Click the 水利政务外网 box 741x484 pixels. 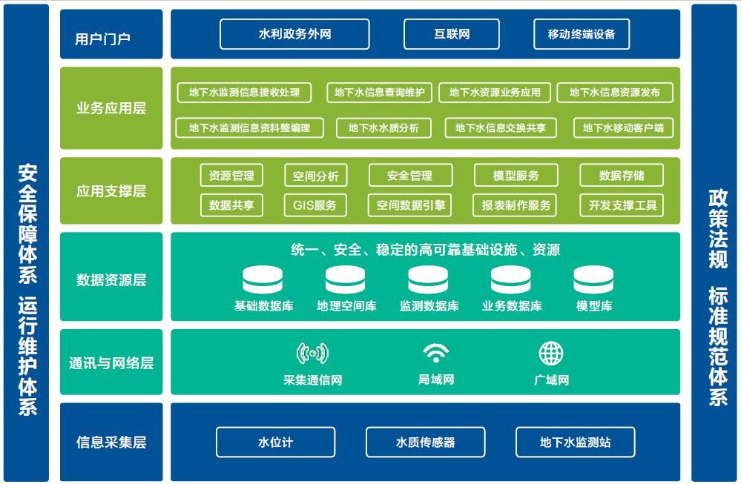(x=294, y=34)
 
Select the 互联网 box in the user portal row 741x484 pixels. (x=452, y=34)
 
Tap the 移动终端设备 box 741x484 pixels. (x=582, y=34)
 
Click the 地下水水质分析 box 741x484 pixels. (x=383, y=127)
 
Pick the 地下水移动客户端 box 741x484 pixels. (x=623, y=127)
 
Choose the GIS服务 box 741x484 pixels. (x=315, y=205)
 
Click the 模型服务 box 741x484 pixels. (x=516, y=176)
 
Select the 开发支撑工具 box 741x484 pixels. (x=622, y=205)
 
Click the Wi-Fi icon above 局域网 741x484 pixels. (x=436, y=354)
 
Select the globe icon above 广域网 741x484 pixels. (x=551, y=354)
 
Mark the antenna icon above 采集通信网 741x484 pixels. (x=312, y=354)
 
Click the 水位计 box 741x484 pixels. (x=275, y=442)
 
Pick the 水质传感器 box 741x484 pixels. (x=425, y=442)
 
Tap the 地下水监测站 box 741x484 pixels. (x=575, y=442)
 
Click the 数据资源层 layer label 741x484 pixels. (x=111, y=280)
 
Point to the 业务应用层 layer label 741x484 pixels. (x=111, y=108)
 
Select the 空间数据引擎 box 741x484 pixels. (x=409, y=205)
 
